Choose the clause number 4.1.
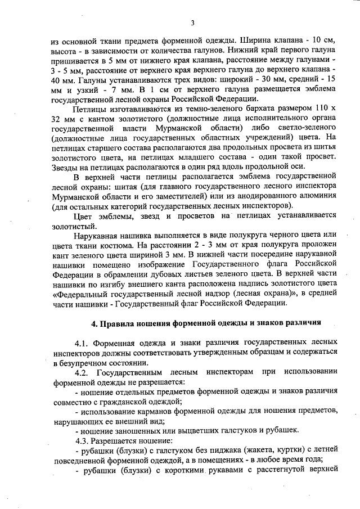82,342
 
